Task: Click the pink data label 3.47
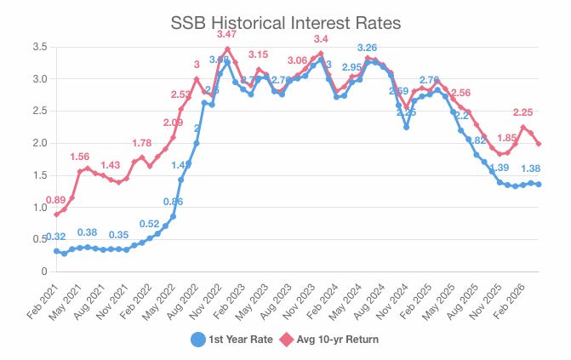point(227,34)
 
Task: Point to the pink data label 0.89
point(56,200)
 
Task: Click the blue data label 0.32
point(56,237)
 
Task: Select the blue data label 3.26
point(368,47)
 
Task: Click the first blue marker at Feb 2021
point(56,251)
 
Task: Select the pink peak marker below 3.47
point(227,49)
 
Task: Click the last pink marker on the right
point(540,144)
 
